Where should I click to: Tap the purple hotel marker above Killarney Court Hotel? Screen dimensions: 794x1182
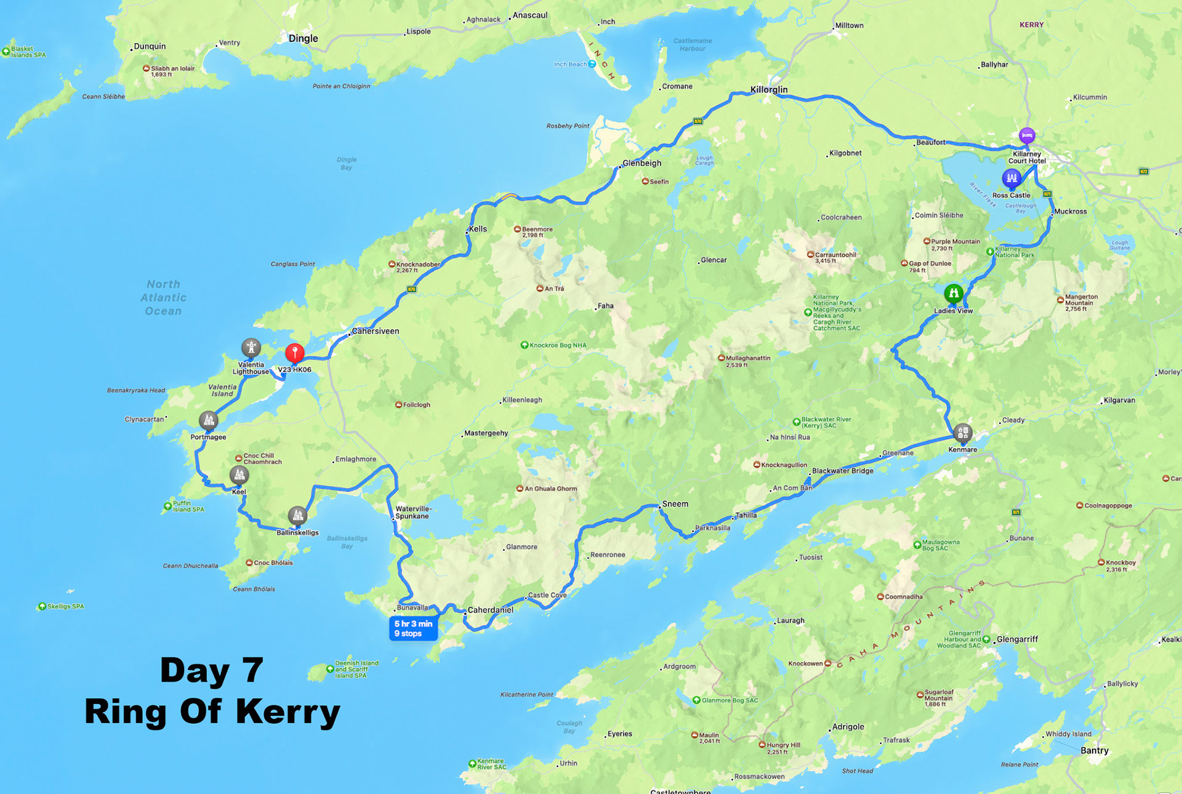(x=1026, y=135)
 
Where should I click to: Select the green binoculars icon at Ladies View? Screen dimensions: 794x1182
(x=954, y=293)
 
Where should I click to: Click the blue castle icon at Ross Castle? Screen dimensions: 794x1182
(x=1011, y=178)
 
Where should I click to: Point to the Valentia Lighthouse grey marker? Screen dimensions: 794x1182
(x=251, y=348)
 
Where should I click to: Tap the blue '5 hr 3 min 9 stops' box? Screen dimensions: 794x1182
(x=413, y=628)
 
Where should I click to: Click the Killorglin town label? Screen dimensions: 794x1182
(x=769, y=90)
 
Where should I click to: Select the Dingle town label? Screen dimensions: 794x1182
(x=304, y=38)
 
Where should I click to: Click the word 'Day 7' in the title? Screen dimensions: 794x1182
(x=212, y=670)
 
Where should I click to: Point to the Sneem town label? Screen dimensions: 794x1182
(x=675, y=503)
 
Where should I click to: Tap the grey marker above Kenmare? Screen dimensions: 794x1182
(x=963, y=433)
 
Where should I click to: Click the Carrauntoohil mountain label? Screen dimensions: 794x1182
(x=835, y=255)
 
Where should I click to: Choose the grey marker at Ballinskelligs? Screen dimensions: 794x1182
(x=297, y=515)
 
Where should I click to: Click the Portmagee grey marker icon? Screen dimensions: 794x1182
(x=209, y=420)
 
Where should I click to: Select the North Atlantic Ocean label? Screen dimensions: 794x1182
(x=163, y=297)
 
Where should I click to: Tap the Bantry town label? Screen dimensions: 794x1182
(x=1095, y=750)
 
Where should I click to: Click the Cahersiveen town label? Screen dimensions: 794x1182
(x=376, y=331)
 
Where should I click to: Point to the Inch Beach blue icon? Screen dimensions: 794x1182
(x=592, y=64)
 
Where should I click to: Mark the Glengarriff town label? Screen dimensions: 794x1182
(x=1017, y=640)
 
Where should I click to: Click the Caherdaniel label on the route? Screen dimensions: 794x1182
(x=491, y=610)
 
